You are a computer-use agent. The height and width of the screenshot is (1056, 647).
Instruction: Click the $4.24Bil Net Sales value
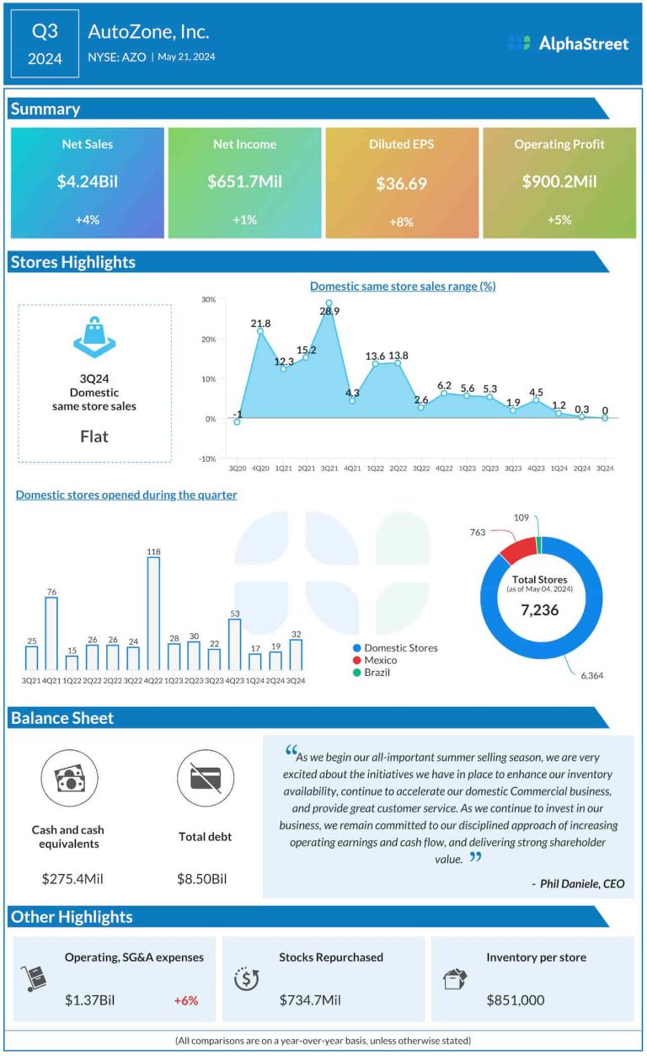coord(87,181)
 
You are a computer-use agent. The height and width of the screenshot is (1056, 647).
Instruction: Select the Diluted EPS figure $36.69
coord(401,183)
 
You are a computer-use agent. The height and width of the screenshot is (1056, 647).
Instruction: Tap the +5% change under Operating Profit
coord(559,220)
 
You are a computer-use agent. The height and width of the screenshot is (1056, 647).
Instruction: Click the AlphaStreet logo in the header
coord(569,43)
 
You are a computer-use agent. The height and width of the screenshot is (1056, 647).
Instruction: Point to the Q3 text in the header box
coord(45,32)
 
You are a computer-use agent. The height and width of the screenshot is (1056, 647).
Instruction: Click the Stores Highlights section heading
coord(73,262)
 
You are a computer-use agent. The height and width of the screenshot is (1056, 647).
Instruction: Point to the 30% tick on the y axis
coord(209,300)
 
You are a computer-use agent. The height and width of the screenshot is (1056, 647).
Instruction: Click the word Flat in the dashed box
coord(94,437)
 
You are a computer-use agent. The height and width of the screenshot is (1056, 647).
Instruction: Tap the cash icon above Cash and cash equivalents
coord(72,778)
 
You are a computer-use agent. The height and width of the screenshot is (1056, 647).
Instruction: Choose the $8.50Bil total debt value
coord(202,879)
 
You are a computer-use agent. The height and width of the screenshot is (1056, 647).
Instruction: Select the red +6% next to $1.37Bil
coord(185,1000)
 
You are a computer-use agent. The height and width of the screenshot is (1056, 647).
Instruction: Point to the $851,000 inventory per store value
coord(516,1000)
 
